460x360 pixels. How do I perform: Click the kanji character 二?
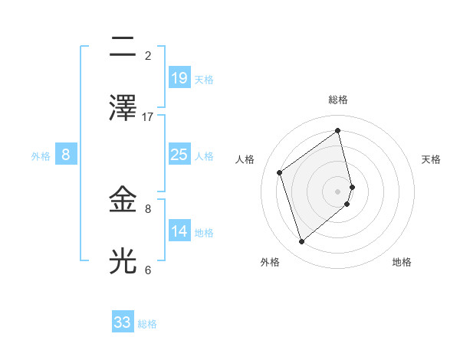(x=123, y=47)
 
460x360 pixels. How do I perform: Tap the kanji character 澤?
(x=123, y=108)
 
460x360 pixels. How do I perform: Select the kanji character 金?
(x=123, y=200)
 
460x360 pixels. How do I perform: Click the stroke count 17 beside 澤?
(x=148, y=116)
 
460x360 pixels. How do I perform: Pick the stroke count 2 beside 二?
(x=148, y=55)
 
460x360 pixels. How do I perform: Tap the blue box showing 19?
(x=179, y=78)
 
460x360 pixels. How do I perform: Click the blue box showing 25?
(x=179, y=155)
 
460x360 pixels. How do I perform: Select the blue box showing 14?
(x=179, y=231)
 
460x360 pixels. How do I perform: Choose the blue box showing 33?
(x=123, y=322)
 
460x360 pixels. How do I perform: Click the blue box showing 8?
(x=65, y=155)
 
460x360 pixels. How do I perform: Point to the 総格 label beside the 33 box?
(x=147, y=324)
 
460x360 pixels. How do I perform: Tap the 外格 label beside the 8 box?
(x=41, y=156)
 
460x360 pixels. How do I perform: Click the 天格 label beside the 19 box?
(x=204, y=80)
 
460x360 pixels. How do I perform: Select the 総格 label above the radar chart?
(x=338, y=100)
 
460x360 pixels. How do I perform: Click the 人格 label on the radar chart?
(x=245, y=159)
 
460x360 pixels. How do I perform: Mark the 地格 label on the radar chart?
(x=402, y=262)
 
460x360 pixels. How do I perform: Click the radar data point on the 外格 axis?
(x=301, y=242)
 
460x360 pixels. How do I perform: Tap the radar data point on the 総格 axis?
(x=338, y=131)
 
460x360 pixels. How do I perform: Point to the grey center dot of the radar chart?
(x=338, y=191)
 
